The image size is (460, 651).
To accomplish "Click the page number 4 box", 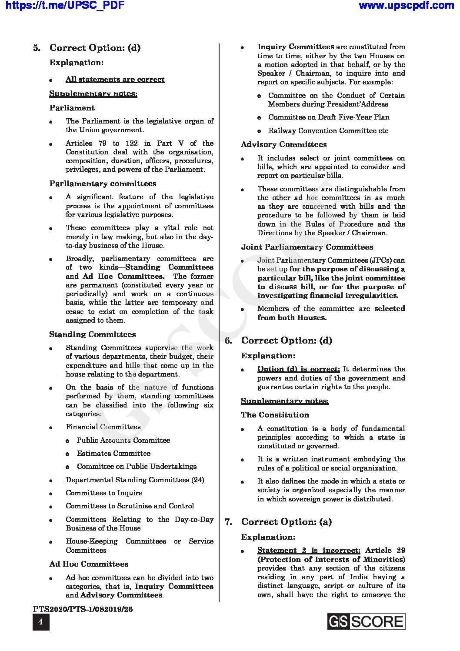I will pos(41,622).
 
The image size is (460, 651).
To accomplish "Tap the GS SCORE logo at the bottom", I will pos(366,621).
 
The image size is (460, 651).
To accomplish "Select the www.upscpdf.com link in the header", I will pos(406,6).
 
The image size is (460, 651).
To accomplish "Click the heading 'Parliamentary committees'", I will pos(103,184).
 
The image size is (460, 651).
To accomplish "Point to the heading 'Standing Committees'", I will pos(92,334).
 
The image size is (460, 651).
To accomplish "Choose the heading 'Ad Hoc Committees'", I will pos(89,564).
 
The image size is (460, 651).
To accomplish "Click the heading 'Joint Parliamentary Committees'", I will pos(307,247).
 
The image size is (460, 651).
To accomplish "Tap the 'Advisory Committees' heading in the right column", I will pos(284,144).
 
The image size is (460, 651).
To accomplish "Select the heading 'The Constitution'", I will pos(275,415).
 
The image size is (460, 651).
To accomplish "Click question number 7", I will pos(228,522).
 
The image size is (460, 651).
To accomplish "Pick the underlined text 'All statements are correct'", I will pos(115,80).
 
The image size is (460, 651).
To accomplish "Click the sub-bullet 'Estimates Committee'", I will pos(113,453).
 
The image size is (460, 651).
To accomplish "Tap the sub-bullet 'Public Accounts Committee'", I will pos(123,440).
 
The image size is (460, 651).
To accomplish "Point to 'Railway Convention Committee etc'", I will pos(328,130).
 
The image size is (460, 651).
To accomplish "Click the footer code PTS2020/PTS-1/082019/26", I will pos(83,609).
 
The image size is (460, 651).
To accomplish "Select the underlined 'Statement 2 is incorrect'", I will pos(309,551).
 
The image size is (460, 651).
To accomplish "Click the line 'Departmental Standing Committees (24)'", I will pos(135,480).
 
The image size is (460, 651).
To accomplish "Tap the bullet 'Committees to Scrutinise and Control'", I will pos(130,506).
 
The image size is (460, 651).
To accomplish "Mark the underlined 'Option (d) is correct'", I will pos(298,369).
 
